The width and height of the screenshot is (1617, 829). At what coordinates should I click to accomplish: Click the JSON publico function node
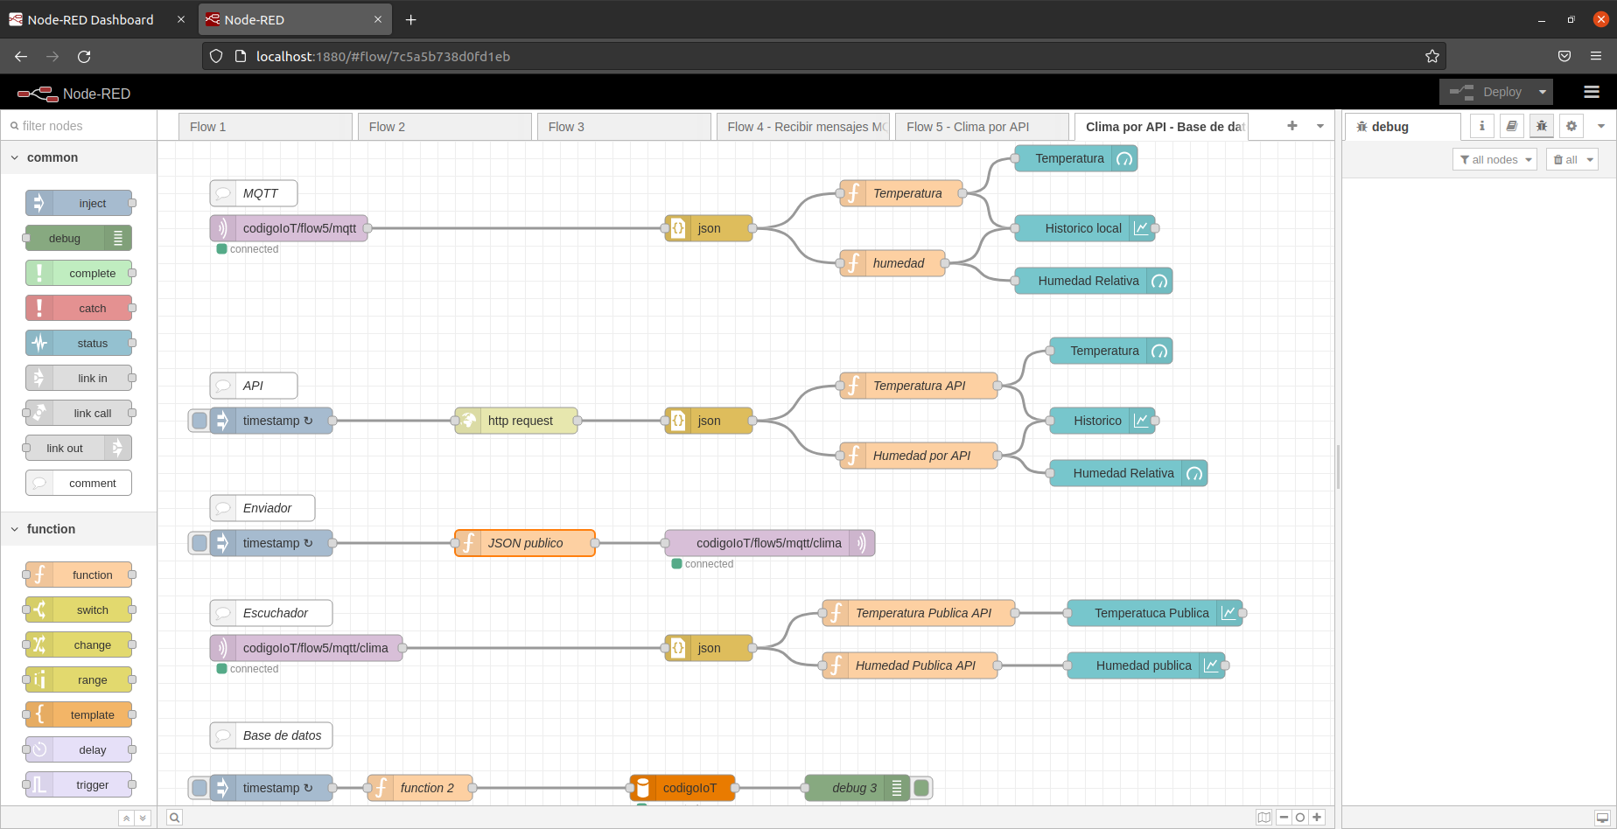click(x=525, y=543)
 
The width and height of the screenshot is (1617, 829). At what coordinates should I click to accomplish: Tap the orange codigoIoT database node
click(x=683, y=788)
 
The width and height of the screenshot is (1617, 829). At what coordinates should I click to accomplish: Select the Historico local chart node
click(x=1083, y=228)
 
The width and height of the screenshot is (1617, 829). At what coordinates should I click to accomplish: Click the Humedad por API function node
click(x=920, y=456)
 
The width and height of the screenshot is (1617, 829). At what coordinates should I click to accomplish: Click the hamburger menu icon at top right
click(x=1592, y=92)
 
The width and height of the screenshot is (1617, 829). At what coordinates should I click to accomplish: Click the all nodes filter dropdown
click(x=1494, y=159)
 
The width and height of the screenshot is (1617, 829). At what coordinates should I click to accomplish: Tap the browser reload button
click(x=84, y=56)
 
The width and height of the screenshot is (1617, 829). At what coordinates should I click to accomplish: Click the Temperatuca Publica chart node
click(x=1151, y=613)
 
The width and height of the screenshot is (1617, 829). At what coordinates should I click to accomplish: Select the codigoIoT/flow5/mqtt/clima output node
click(x=768, y=543)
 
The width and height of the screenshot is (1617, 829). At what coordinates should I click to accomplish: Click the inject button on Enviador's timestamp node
click(x=199, y=543)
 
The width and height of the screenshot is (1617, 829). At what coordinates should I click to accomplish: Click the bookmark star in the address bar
click(x=1431, y=56)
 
